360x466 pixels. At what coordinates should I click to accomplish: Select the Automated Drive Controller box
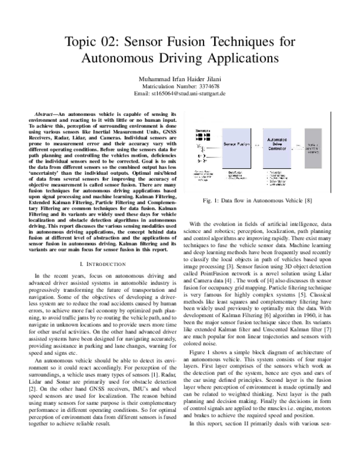(x=276, y=145)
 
